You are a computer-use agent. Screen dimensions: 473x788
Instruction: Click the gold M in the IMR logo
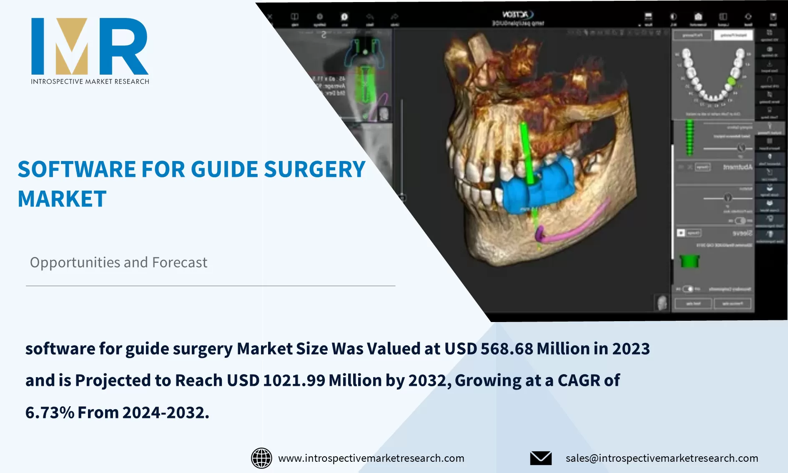click(x=72, y=48)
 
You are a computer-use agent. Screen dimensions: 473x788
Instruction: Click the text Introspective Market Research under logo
click(x=90, y=81)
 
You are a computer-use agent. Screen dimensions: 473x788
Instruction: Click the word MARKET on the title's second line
click(x=62, y=199)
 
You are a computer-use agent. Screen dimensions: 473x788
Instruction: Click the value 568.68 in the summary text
click(x=507, y=349)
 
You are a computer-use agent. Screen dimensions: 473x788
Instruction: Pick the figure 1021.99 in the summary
click(x=294, y=380)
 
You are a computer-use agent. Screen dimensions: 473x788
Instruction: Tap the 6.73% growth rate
click(x=50, y=413)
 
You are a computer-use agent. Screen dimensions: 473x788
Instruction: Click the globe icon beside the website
click(x=261, y=458)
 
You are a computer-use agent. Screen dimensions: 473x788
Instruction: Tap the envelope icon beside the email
click(x=541, y=458)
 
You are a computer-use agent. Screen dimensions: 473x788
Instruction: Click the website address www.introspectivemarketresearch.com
click(x=371, y=458)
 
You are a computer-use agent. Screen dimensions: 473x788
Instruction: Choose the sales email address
click(x=662, y=458)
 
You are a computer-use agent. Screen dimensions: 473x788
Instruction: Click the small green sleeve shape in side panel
click(x=689, y=262)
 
